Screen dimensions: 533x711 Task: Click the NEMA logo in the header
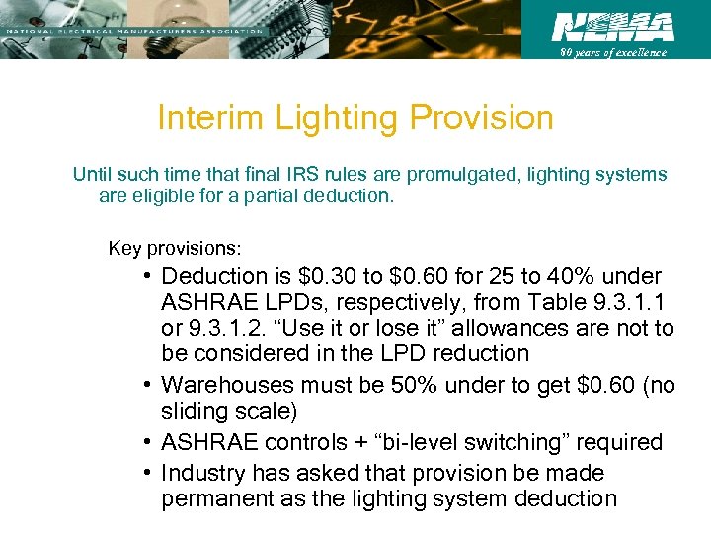pos(612,27)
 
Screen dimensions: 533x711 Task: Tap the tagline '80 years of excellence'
pos(613,53)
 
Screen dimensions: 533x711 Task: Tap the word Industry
pos(202,474)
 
